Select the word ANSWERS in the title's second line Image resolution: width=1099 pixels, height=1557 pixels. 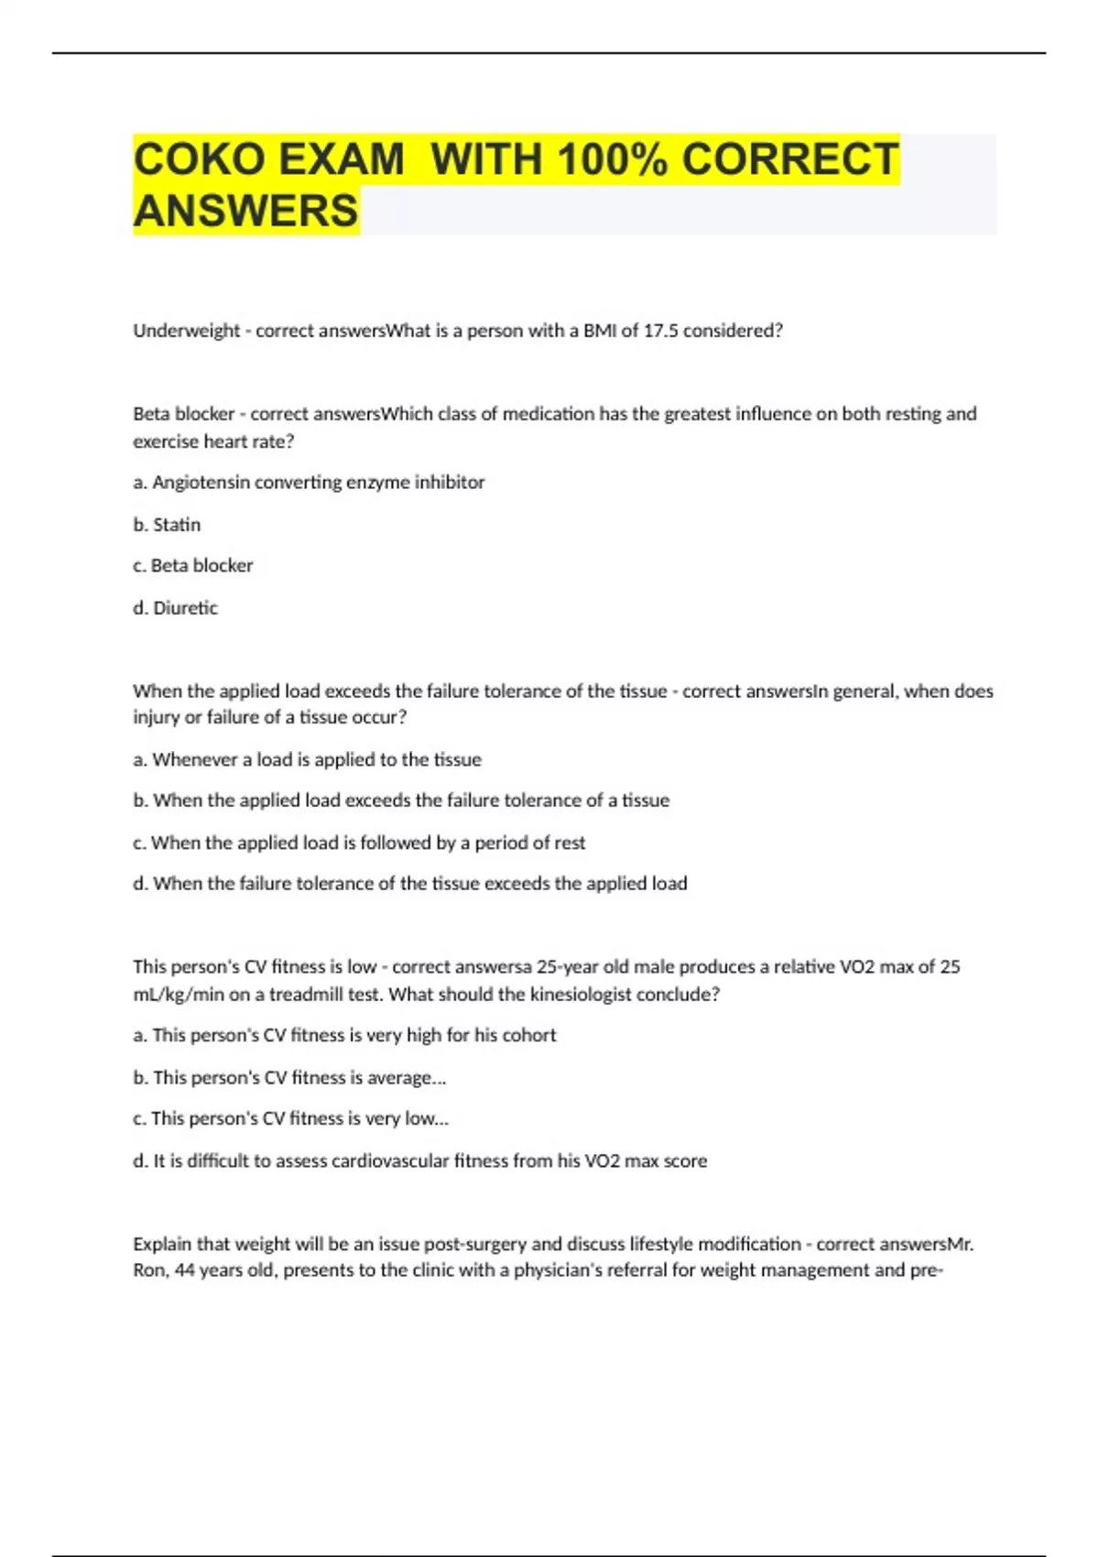pyautogui.click(x=245, y=211)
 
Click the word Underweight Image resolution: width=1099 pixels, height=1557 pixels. pyautogui.click(x=186, y=331)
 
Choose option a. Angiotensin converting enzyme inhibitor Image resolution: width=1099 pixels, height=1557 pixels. pyautogui.click(x=309, y=483)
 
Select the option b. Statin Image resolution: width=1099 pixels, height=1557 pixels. pyautogui.click(x=167, y=525)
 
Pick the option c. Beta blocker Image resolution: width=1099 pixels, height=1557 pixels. pyautogui.click(x=192, y=566)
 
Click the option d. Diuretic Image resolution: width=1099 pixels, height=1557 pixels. pyautogui.click(x=175, y=608)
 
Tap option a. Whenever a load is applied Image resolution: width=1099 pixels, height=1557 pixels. pyautogui.click(x=307, y=759)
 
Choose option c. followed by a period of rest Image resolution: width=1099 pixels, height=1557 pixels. pyautogui.click(x=359, y=843)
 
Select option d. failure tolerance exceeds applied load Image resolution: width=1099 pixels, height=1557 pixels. pyautogui.click(x=409, y=884)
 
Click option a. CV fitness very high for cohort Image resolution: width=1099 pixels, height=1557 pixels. pyautogui.click(x=344, y=1035)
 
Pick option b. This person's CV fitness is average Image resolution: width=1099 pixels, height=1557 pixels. pyautogui.click(x=289, y=1078)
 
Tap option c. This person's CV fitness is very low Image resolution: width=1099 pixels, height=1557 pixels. pyautogui.click(x=290, y=1118)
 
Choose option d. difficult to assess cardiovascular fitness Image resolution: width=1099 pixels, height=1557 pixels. pyautogui.click(x=419, y=1161)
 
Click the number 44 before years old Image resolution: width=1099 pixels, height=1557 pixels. pyautogui.click(x=184, y=1270)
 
